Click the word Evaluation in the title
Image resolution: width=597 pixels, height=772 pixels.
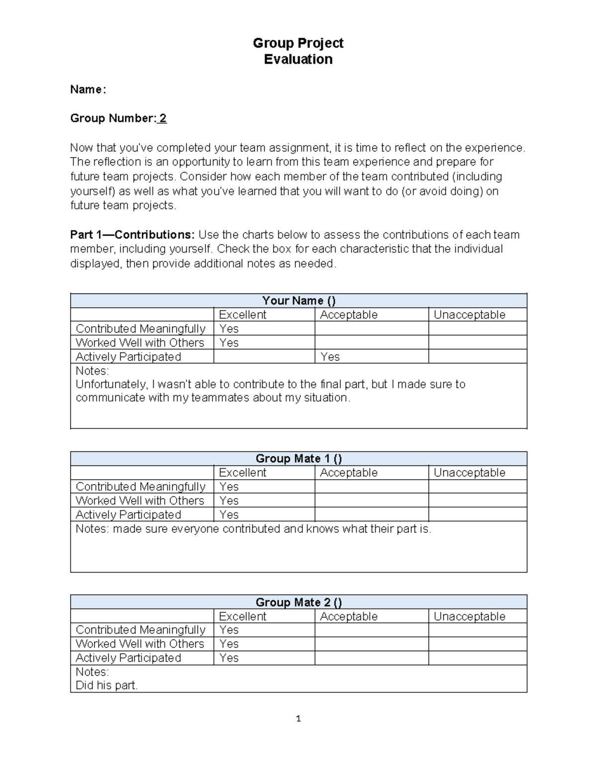pos(298,59)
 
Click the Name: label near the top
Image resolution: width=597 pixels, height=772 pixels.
pos(88,89)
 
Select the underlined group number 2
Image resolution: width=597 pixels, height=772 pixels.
pos(163,118)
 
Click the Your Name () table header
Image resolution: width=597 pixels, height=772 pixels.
pos(298,301)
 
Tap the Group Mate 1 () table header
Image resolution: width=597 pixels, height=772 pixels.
pos(298,458)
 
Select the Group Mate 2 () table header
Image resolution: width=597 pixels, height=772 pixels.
pos(298,602)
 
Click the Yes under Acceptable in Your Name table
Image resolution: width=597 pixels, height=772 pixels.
pos(330,356)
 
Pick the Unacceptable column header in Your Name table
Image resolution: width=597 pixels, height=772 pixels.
pos(469,315)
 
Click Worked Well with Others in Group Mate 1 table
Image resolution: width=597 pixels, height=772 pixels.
pos(140,501)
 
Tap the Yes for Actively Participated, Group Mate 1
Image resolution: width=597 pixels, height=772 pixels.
pos(229,515)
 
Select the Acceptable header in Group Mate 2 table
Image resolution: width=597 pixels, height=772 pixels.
pos(348,616)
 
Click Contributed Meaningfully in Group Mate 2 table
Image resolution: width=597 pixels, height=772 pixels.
pos(140,630)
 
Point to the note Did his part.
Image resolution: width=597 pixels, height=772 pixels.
pos(106,686)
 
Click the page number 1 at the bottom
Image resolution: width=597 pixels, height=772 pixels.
pos(298,719)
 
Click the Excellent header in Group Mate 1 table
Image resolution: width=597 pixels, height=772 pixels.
pos(242,473)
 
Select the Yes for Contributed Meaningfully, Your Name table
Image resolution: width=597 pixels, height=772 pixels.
pos(229,329)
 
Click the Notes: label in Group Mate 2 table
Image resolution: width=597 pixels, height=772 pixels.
pos(92,672)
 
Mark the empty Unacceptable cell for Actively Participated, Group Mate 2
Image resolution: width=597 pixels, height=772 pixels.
pos(477,658)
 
